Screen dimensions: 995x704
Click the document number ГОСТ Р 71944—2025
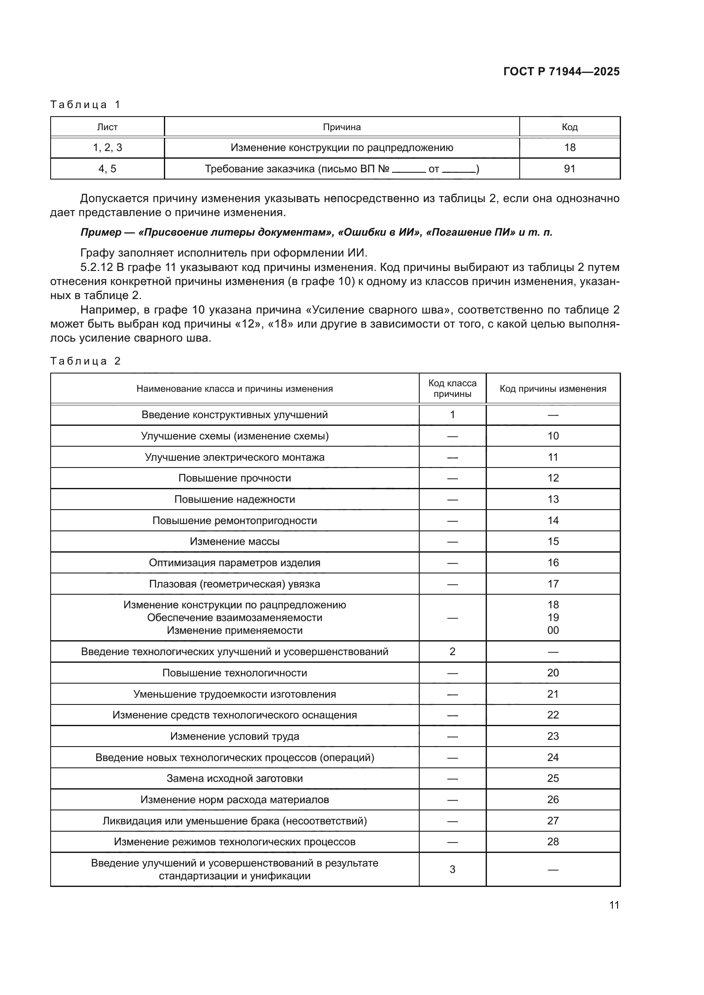561,72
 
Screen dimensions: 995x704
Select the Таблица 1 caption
86,105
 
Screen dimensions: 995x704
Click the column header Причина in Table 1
342,127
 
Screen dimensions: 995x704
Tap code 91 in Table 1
569,169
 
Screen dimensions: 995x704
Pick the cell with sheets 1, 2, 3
108,148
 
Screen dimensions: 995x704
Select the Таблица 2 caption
86,361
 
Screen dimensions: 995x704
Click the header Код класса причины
452,388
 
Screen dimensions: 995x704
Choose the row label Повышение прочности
235,478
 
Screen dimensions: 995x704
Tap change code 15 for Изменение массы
553,541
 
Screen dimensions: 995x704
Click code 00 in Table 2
553,630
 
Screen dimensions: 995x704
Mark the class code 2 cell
452,651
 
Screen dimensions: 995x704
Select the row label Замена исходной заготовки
235,778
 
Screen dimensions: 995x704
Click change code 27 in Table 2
553,821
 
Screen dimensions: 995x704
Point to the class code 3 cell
452,870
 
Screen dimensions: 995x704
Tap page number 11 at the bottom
614,905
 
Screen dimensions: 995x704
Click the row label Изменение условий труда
235,736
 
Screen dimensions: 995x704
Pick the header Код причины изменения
553,389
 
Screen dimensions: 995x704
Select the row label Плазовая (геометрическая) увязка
235,584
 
